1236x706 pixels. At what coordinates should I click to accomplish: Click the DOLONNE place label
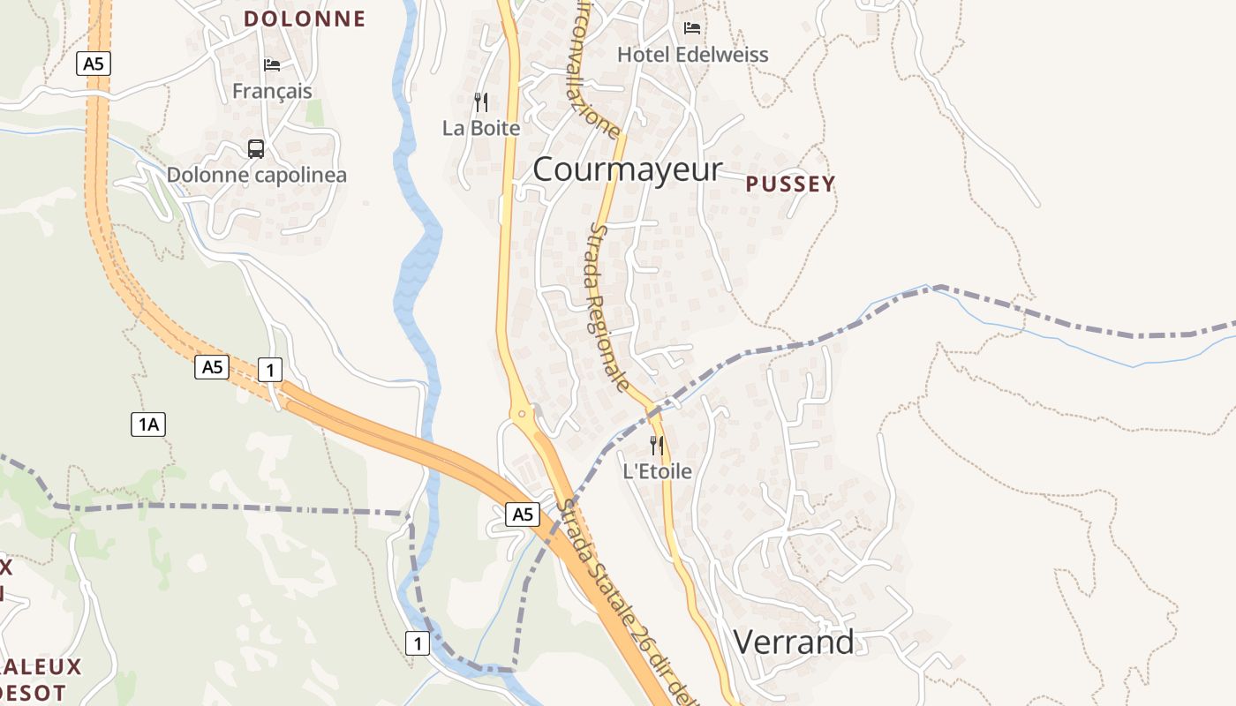[x=305, y=19]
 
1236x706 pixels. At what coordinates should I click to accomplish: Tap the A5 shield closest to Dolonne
[x=93, y=64]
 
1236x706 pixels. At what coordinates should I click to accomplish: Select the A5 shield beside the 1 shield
[x=212, y=367]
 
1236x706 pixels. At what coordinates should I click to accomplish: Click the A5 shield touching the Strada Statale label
[x=523, y=514]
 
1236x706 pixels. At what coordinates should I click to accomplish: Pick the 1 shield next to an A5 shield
[x=269, y=370]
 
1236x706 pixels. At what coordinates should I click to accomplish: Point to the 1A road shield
[x=147, y=424]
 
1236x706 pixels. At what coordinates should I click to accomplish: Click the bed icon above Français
[x=272, y=64]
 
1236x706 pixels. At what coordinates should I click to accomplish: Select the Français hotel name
[x=272, y=91]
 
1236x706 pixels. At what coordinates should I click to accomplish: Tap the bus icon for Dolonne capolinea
[x=256, y=148]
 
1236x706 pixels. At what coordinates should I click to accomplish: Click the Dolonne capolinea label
[x=257, y=175]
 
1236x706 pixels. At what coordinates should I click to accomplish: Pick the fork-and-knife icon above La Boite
[x=481, y=102]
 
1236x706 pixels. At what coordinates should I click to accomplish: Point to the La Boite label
[x=481, y=128]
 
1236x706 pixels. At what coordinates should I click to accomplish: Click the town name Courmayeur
[x=627, y=169]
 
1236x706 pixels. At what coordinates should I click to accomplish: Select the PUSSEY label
[x=790, y=184]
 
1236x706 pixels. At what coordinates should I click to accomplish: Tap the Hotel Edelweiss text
[x=692, y=55]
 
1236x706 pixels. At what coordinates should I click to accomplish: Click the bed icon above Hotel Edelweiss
[x=692, y=28]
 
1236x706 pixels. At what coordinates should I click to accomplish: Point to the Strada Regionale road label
[x=609, y=306]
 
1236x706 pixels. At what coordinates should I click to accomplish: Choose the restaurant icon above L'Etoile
[x=657, y=445]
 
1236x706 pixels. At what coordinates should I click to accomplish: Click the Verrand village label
[x=794, y=642]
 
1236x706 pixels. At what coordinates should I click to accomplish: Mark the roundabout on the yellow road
[x=523, y=413]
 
